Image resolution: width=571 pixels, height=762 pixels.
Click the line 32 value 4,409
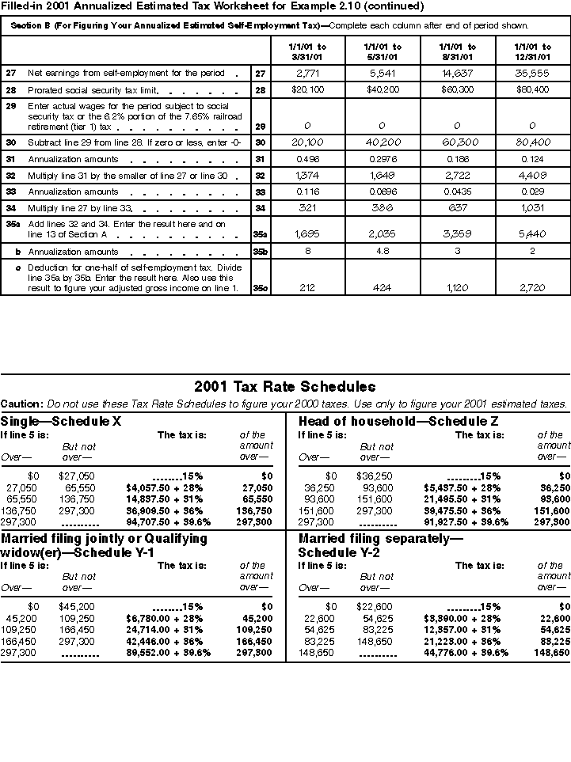pos(531,176)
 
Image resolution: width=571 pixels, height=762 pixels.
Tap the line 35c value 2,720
pos(531,289)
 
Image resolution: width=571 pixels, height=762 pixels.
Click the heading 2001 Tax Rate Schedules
pos(284,387)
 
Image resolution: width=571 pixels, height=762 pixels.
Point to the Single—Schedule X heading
pos(61,421)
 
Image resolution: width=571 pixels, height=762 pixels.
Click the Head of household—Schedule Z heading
pos(375,421)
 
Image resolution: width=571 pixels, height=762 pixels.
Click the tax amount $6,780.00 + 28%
pos(164,619)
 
